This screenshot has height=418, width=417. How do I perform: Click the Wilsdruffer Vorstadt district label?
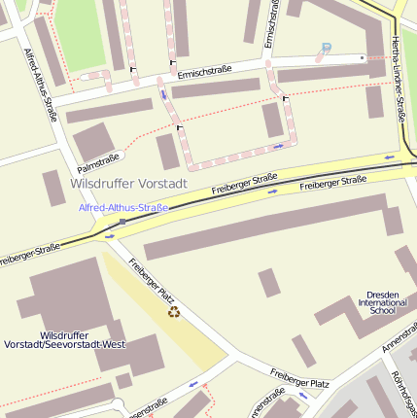click(128, 183)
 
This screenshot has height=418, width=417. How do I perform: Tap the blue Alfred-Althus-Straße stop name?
click(123, 207)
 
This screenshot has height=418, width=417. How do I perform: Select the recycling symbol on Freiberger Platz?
click(174, 312)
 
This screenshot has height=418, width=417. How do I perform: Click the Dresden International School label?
click(383, 302)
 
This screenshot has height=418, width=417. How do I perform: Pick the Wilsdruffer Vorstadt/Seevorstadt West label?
click(64, 339)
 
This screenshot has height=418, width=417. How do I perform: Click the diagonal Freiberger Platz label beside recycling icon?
click(151, 280)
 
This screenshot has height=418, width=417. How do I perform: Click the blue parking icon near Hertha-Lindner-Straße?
click(326, 47)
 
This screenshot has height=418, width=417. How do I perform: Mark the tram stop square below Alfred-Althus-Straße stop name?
click(122, 222)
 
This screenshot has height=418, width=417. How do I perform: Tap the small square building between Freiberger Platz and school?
click(268, 283)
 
